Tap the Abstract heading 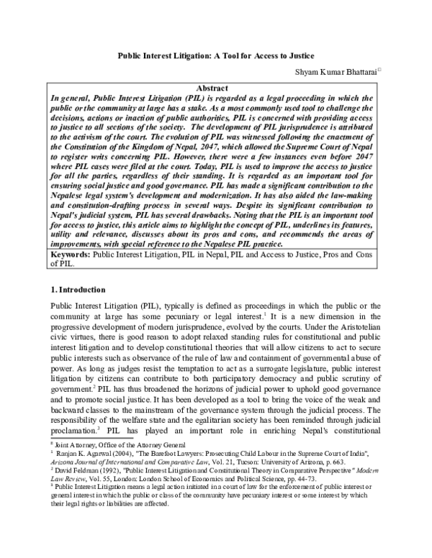click(x=215, y=88)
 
